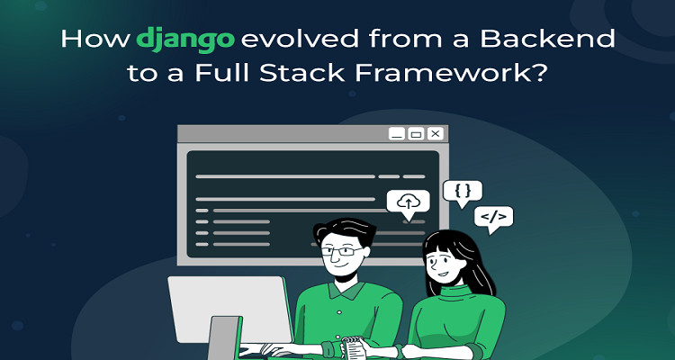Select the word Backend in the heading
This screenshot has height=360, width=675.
548,39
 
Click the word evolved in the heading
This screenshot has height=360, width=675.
300,39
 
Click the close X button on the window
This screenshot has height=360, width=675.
435,133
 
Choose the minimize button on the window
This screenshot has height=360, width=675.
397,133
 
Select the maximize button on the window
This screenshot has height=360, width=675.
416,133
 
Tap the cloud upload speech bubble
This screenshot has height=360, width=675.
408,203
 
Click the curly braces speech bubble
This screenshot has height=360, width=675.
463,192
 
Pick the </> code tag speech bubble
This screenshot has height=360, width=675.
493,218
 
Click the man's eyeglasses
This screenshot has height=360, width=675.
342,251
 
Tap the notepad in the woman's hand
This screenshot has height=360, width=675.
353,347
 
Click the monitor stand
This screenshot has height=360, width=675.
224,338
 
